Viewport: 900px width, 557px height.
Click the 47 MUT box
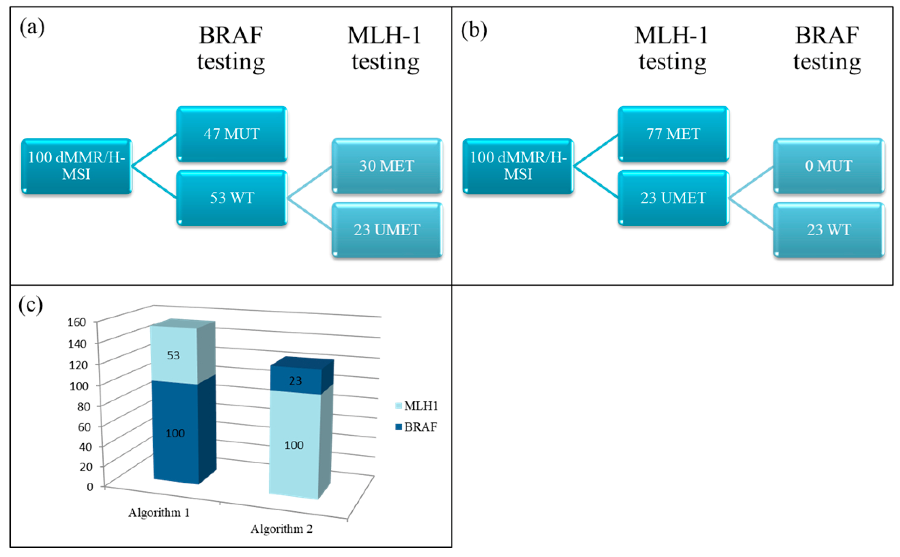tap(232, 134)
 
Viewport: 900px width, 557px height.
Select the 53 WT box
tap(232, 198)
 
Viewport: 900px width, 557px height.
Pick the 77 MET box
tap(673, 134)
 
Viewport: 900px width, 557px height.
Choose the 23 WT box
tap(829, 230)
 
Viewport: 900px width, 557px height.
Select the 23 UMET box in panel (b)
tap(673, 198)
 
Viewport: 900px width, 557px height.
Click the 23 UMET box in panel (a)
tap(387, 230)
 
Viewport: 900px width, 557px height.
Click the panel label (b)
tap(474, 30)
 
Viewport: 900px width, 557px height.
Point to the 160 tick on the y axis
tap(77, 322)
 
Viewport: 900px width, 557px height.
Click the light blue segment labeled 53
tap(173, 355)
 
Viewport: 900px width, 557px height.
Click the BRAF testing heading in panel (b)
tap(827, 49)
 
